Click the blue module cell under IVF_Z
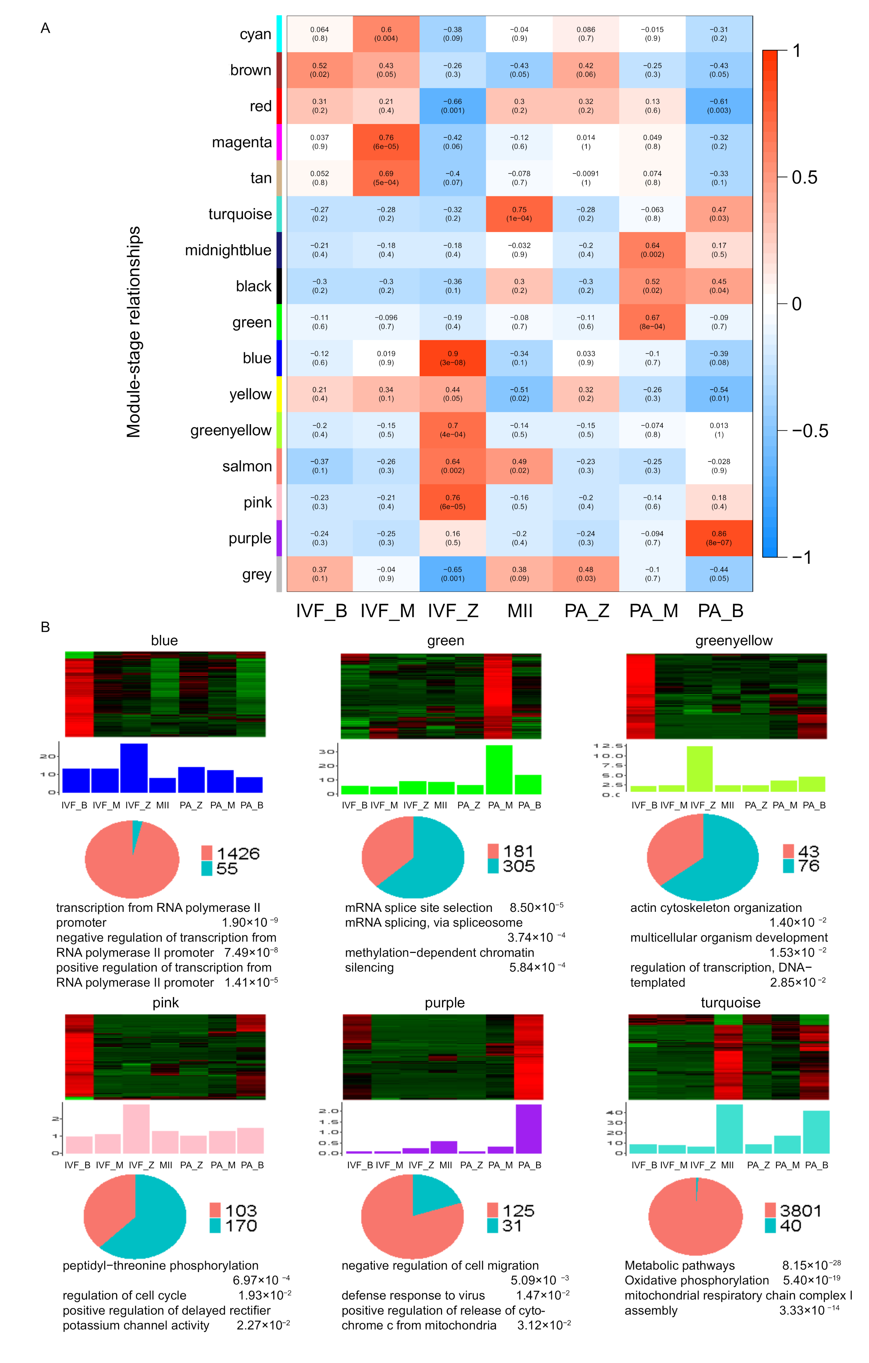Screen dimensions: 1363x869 point(453,358)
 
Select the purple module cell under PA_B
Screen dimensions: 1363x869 point(719,538)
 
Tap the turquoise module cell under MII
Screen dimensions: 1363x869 point(519,214)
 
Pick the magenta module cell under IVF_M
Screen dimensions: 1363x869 point(386,142)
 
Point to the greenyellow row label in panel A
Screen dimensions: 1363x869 point(230,430)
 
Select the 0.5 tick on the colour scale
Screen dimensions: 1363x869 point(804,178)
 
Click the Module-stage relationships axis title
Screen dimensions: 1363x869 point(134,332)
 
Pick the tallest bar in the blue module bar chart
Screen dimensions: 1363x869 point(134,768)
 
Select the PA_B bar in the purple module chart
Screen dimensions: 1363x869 point(529,1129)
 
